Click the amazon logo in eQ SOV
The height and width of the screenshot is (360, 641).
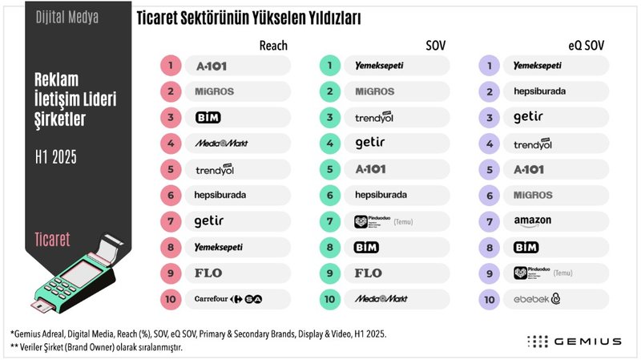pyautogui.click(x=534, y=220)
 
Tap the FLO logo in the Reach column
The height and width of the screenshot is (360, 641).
pyautogui.click(x=209, y=273)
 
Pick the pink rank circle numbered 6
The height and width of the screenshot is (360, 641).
pyautogui.click(x=171, y=195)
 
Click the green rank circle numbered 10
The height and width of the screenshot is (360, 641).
pyautogui.click(x=329, y=299)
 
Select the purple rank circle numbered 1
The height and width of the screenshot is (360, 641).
pyautogui.click(x=489, y=66)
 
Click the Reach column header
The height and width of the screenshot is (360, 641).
pyautogui.click(x=273, y=46)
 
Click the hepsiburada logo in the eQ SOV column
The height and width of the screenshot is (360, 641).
pyautogui.click(x=540, y=91)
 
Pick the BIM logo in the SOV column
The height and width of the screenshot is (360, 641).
pyautogui.click(x=366, y=247)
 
